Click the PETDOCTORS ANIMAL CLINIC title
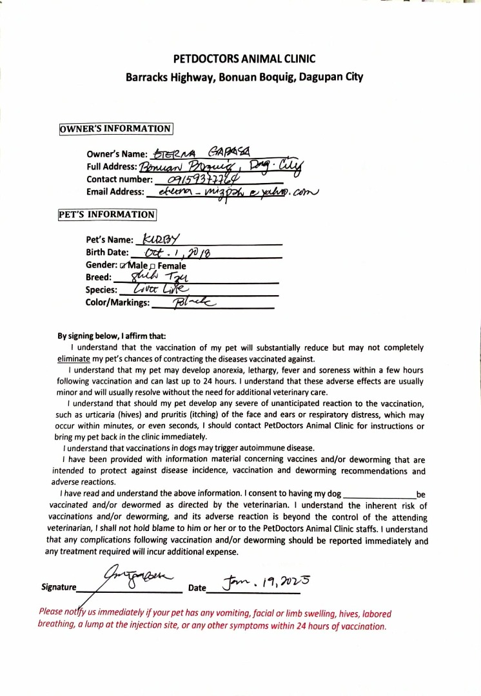[x=244, y=59]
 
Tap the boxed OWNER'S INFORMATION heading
[x=116, y=128]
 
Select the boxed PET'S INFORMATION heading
[x=107, y=215]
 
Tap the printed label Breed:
[x=99, y=278]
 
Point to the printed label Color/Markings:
[x=117, y=302]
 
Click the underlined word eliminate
[x=74, y=358]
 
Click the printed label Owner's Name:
[x=117, y=155]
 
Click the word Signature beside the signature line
[x=59, y=587]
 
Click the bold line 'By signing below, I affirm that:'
[x=112, y=336]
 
